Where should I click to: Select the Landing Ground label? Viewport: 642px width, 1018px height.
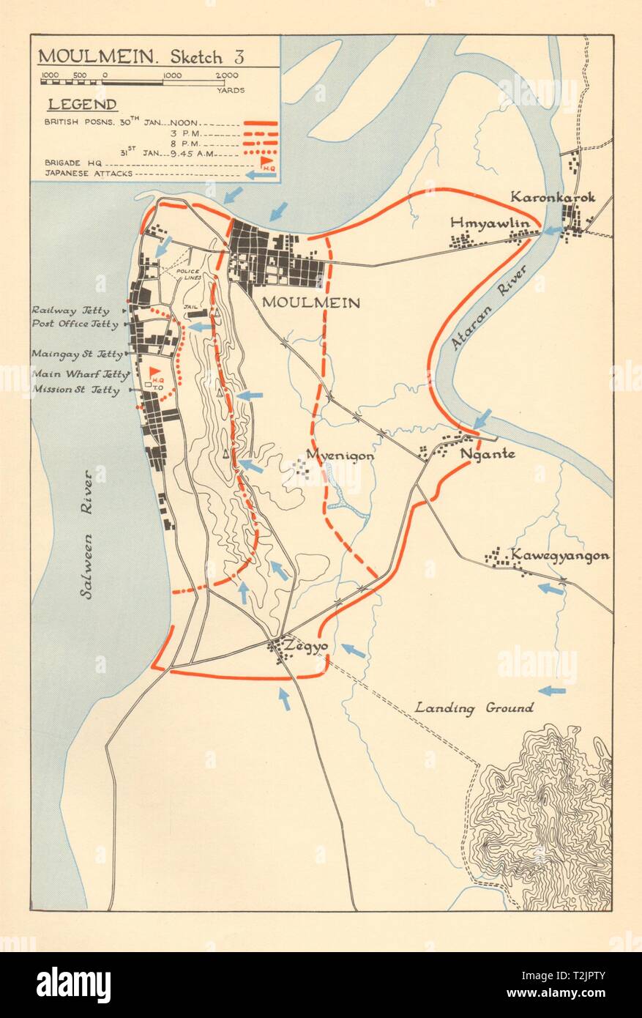point(474,707)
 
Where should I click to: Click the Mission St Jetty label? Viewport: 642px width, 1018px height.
point(76,390)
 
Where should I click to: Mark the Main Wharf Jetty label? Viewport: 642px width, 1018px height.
point(76,374)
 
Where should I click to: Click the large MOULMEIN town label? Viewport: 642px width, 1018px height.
point(310,302)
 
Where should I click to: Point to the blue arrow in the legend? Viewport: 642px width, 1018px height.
point(261,175)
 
